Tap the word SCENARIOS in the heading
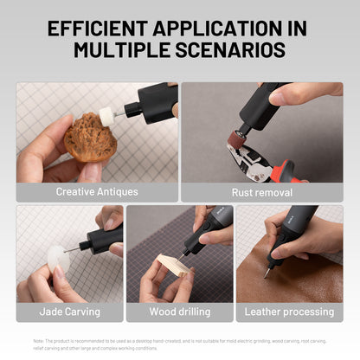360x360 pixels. pos(233,50)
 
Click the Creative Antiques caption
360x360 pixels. pos(97,192)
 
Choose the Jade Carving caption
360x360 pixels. pos(70,312)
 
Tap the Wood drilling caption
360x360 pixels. pos(180,312)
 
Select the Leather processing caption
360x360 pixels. pos(289,312)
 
